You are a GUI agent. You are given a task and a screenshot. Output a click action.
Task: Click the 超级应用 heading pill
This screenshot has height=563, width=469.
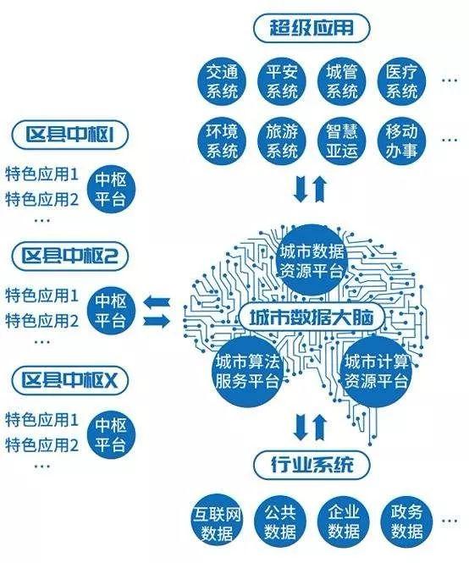pyautogui.click(x=312, y=29)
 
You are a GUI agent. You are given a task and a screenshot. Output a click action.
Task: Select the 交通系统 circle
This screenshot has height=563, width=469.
pyautogui.click(x=222, y=81)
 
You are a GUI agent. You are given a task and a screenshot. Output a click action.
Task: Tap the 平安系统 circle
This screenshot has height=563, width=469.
pyautogui.click(x=282, y=81)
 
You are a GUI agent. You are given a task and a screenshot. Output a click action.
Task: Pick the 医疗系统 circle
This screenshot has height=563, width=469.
pyautogui.click(x=402, y=81)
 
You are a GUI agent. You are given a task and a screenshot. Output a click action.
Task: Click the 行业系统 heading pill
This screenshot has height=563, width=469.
pyautogui.click(x=312, y=466)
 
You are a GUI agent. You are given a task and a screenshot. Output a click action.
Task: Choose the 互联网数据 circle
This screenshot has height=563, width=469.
pyautogui.click(x=217, y=522)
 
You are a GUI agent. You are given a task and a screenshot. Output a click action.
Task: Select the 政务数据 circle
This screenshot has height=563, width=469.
pyautogui.click(x=406, y=522)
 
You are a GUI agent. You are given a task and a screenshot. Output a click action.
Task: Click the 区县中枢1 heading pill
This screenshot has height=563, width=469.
pyautogui.click(x=69, y=135)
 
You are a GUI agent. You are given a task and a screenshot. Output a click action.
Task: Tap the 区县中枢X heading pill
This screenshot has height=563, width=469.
pyautogui.click(x=69, y=381)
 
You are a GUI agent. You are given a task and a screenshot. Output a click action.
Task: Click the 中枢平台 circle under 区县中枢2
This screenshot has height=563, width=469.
pyautogui.click(x=111, y=310)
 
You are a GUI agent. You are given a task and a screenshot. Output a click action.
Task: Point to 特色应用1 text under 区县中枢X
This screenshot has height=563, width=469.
pyautogui.click(x=41, y=420)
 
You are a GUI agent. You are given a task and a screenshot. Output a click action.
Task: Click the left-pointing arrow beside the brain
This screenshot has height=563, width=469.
pyautogui.click(x=157, y=302)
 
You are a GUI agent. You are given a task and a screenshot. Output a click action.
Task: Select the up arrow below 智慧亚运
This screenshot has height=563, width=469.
pyautogui.click(x=320, y=189)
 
